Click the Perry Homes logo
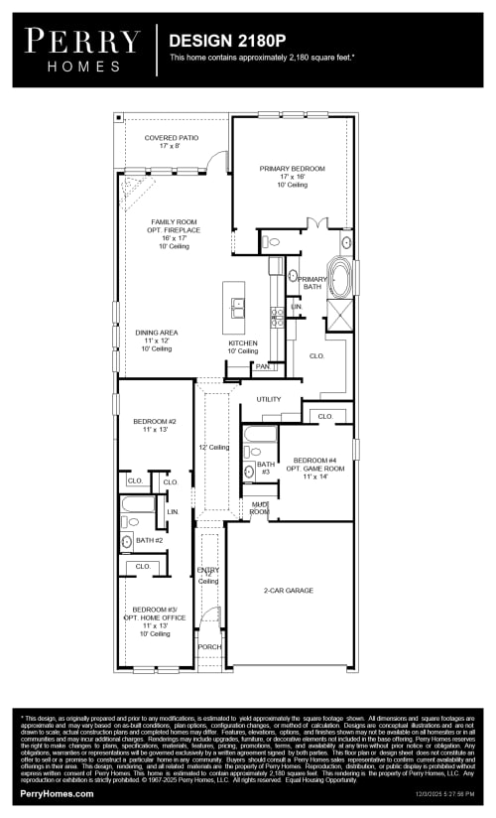click(x=82, y=49)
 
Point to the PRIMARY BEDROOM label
click(x=292, y=169)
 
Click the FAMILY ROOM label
click(x=175, y=222)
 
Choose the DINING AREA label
click(x=157, y=333)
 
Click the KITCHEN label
click(x=242, y=343)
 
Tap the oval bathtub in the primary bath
click(x=340, y=279)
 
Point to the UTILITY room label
click(x=269, y=399)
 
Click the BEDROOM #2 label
click(x=154, y=422)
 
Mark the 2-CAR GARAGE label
click(x=288, y=590)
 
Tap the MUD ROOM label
click(x=258, y=508)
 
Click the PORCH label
click(x=209, y=646)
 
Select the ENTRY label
click(x=208, y=570)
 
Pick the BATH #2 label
click(x=149, y=540)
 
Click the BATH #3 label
click(x=265, y=468)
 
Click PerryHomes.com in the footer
click(x=57, y=793)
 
